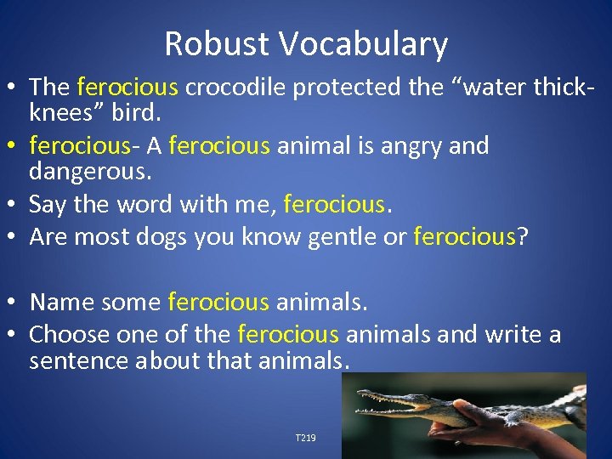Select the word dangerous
(88, 172)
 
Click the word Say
(47, 205)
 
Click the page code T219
(305, 438)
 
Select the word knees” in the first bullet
(62, 112)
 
